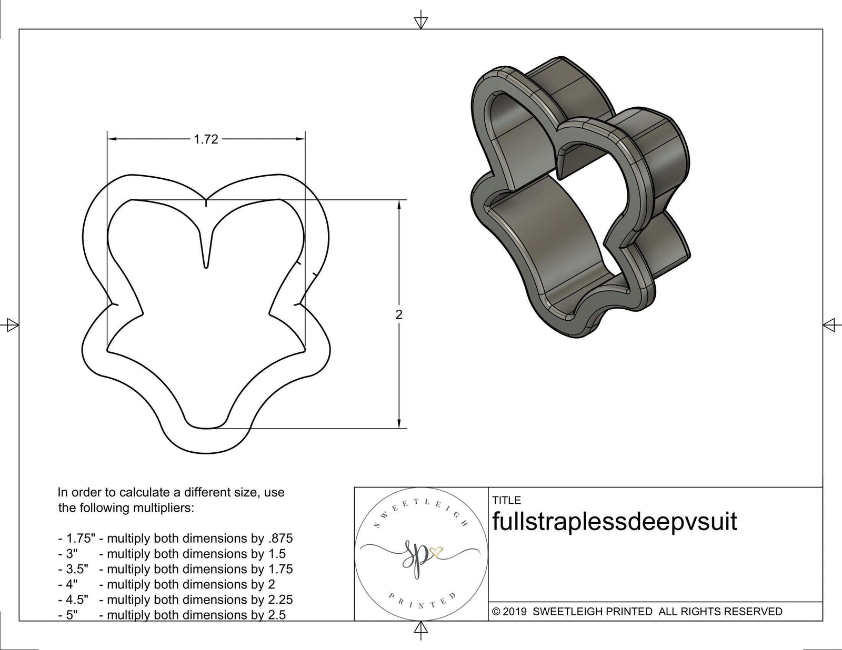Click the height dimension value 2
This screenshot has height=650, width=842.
pos(399,314)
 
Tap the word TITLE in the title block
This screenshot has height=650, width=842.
pos(506,500)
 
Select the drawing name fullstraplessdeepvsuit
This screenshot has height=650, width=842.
pos(614,522)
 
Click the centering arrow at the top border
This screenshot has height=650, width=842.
pos(420,22)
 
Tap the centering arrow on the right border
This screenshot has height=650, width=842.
pos(830,325)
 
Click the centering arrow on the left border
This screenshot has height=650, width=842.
pos(12,325)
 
